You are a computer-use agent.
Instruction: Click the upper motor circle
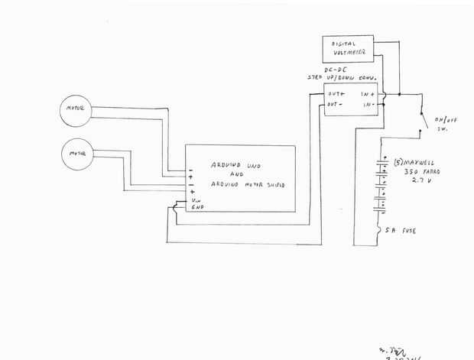coord(76,111)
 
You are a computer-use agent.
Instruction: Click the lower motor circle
coord(76,153)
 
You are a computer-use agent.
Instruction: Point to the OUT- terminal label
coord(334,104)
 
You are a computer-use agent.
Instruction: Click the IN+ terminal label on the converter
coord(367,95)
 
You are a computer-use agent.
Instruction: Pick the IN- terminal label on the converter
coord(367,105)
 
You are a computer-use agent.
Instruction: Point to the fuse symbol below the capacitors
coord(380,229)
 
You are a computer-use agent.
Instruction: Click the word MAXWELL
coord(422,164)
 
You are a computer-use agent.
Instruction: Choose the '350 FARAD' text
coord(417,174)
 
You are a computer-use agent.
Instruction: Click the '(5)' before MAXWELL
coord(398,164)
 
